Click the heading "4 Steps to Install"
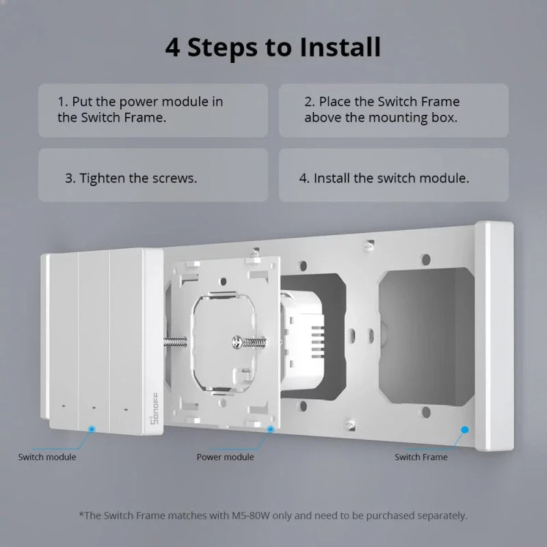tap(273, 47)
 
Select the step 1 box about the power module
tap(152, 110)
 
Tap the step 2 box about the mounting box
tap(393, 110)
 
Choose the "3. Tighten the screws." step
tap(152, 178)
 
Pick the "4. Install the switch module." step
tap(393, 178)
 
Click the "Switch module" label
tap(47, 457)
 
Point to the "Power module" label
tap(225, 457)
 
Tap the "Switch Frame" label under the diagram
tap(421, 457)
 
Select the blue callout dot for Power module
tap(270, 429)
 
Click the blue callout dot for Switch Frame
tap(465, 429)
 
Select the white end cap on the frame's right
tap(494, 335)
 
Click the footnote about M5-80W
tap(273, 515)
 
